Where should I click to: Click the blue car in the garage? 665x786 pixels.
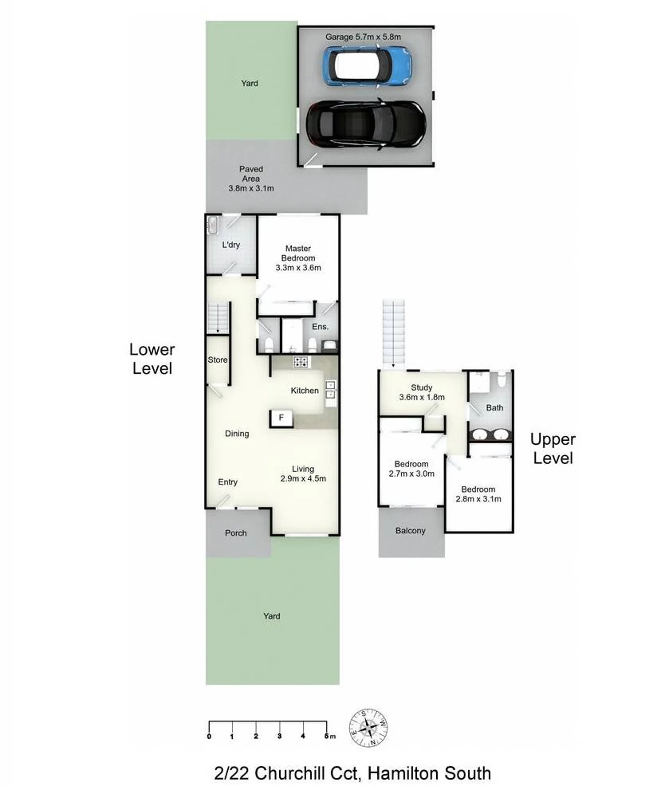(367, 66)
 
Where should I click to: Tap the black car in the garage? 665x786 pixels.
(366, 124)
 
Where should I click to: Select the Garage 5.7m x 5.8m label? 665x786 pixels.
(363, 37)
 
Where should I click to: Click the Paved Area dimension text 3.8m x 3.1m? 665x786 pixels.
(251, 188)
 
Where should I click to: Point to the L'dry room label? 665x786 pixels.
(231, 245)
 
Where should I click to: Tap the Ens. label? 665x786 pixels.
(320, 327)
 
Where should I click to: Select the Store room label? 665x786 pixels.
(218, 360)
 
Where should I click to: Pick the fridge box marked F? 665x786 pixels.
(281, 418)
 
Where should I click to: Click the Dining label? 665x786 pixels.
(237, 434)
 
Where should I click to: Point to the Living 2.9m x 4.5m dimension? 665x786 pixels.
(303, 478)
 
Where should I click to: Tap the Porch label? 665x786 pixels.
(236, 533)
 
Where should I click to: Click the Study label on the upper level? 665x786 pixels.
(421, 387)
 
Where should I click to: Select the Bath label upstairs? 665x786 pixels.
(495, 408)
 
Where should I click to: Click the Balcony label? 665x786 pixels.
(411, 531)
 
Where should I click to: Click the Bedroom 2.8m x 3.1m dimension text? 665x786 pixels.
(479, 499)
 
